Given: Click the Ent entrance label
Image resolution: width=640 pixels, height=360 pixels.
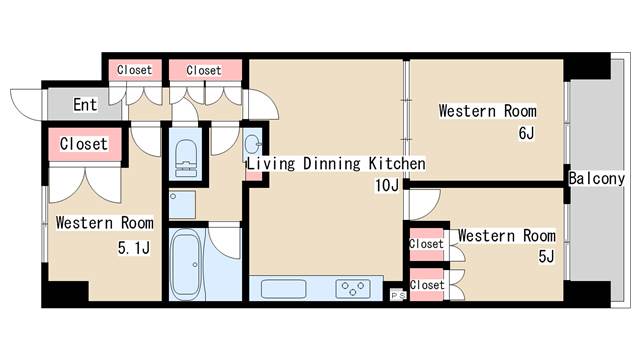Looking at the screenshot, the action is (85, 104).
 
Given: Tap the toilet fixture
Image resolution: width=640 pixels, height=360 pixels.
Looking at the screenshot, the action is (186, 158).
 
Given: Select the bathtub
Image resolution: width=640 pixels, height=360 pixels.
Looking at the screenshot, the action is (186, 264).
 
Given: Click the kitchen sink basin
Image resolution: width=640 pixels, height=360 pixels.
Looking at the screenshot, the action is (283, 289).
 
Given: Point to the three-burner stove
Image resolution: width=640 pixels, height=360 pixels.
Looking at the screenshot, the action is (353, 289).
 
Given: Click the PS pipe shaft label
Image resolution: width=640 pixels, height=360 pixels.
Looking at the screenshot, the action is (398, 295).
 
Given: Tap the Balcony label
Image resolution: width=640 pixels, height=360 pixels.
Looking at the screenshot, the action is (597, 178).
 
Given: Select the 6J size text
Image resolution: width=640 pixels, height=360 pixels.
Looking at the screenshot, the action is (526, 133).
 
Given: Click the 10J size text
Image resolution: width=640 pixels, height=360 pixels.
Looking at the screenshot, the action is (387, 185).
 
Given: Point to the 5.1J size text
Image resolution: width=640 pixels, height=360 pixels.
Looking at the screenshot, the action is (134, 247).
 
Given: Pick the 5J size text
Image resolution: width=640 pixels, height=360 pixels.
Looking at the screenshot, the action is (547, 256).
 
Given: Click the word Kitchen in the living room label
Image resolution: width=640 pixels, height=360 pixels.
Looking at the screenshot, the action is (397, 163).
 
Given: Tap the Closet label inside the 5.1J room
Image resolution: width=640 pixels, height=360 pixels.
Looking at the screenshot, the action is (84, 144).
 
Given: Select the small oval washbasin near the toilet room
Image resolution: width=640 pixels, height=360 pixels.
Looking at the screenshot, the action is (252, 144).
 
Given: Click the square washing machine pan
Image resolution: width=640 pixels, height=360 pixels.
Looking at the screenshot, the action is (182, 205).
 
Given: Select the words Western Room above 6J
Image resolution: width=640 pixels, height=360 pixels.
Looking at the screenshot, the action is (488, 111).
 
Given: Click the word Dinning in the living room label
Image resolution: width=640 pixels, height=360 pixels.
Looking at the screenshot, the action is (332, 164).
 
